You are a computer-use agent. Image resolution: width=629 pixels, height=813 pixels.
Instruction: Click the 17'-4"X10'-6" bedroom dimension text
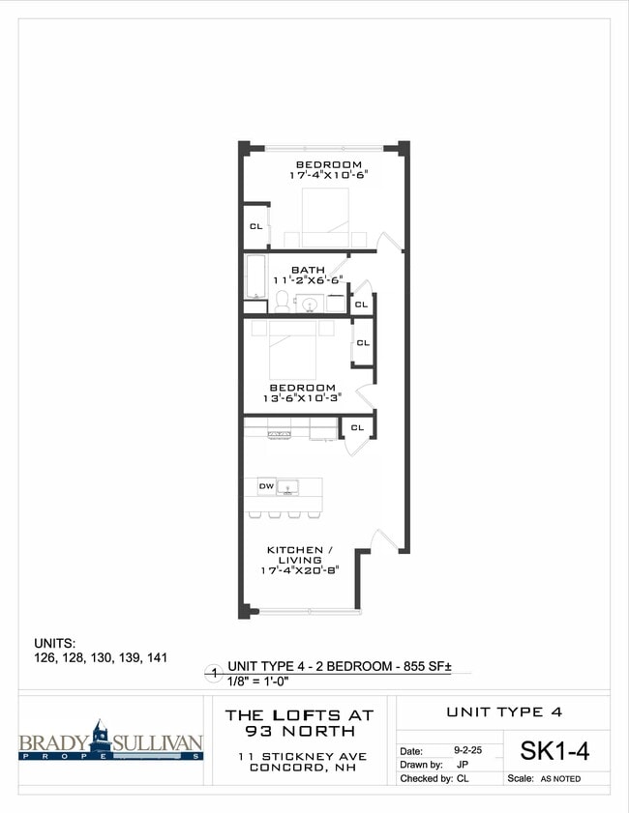(328, 176)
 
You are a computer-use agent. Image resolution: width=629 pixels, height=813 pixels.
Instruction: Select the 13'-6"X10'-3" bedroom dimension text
(302, 398)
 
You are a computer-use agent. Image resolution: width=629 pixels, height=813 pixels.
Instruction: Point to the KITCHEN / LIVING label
(295, 550)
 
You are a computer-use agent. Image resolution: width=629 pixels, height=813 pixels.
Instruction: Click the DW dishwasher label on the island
(265, 485)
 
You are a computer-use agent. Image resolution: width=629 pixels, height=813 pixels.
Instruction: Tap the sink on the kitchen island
(289, 486)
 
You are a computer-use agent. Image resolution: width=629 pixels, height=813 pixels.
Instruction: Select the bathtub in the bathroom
(255, 277)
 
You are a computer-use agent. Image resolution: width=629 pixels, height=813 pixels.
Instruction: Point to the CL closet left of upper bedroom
(255, 226)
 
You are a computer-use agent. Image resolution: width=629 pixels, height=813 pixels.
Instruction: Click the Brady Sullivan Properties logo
(110, 742)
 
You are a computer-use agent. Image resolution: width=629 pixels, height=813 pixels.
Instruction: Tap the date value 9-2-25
(468, 749)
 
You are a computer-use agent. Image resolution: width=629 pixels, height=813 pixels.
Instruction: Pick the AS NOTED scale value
(560, 779)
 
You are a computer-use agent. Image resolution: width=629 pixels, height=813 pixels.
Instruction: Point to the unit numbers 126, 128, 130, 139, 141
(101, 657)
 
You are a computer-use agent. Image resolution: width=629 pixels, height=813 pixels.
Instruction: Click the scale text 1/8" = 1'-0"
(260, 682)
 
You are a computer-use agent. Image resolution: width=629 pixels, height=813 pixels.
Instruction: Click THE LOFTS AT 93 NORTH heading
(299, 722)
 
